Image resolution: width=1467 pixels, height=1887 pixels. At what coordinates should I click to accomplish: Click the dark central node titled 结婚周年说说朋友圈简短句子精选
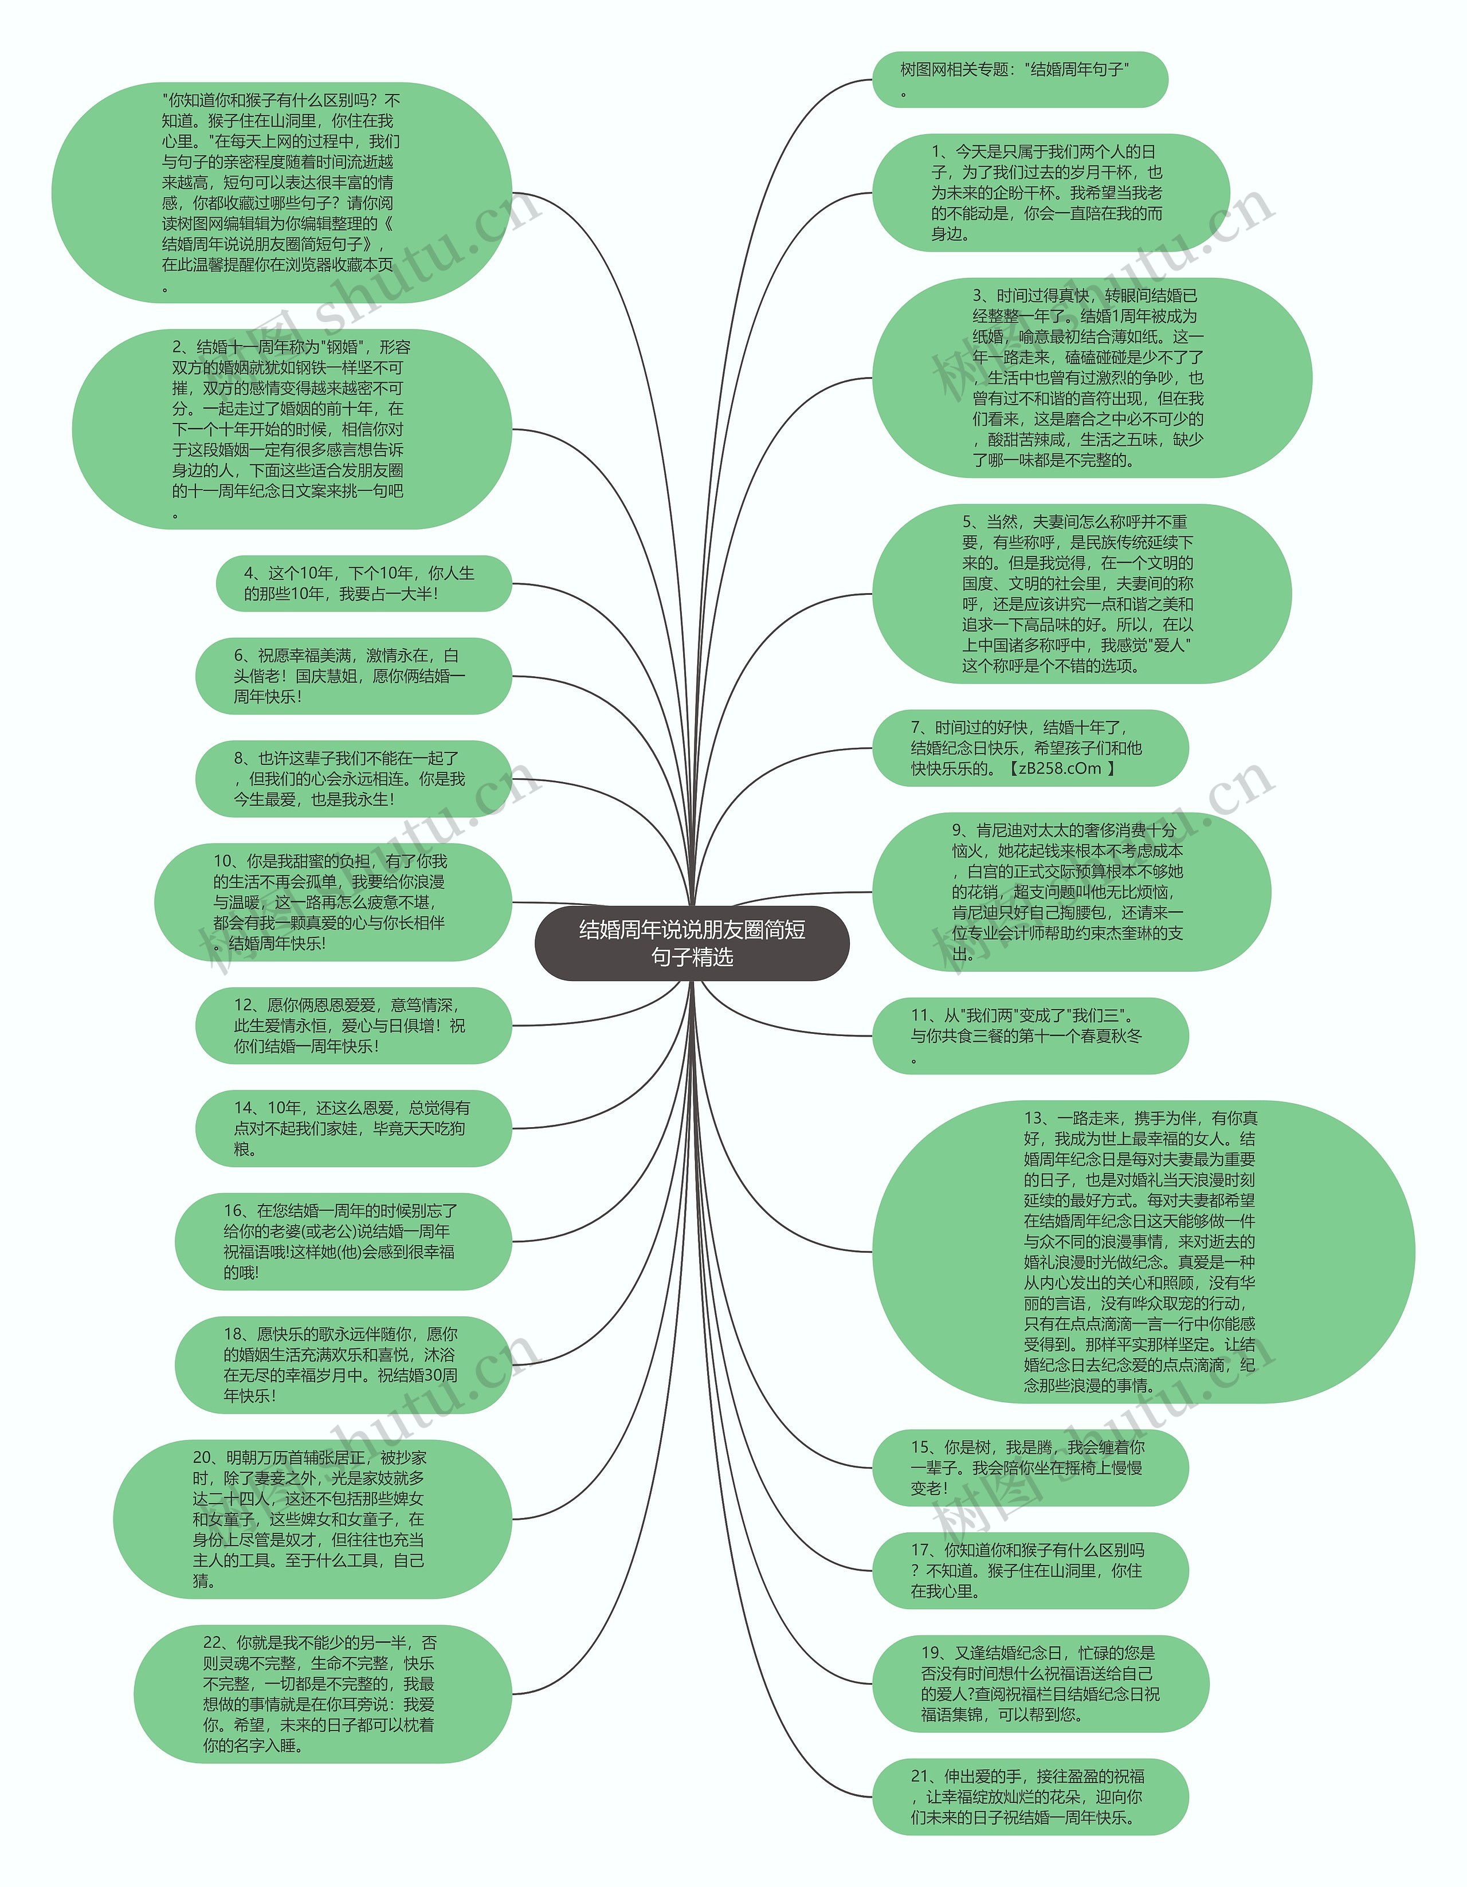(692, 943)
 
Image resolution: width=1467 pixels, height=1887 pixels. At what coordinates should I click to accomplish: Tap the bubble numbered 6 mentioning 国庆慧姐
(354, 676)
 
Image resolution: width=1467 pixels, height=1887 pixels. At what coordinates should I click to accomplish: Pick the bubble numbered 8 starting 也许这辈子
(354, 779)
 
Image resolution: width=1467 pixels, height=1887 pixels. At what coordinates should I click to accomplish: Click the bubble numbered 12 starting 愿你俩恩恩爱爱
(354, 1026)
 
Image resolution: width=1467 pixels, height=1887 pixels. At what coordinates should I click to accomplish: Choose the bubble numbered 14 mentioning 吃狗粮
(354, 1128)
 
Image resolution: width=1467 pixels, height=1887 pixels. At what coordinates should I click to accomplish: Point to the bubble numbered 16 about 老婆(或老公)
(343, 1242)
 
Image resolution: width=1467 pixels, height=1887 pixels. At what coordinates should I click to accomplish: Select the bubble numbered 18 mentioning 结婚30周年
(343, 1365)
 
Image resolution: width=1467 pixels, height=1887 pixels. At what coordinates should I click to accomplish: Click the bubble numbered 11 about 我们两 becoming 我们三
(1030, 1036)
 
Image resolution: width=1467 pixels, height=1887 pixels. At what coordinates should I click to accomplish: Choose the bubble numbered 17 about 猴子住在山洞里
(1030, 1571)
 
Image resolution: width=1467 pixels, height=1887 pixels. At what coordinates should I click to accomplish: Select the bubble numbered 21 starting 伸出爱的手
(1030, 1797)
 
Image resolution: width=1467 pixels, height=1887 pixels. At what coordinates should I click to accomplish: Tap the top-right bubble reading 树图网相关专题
(1019, 80)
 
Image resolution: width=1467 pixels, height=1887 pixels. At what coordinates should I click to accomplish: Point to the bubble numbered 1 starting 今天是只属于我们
(1050, 193)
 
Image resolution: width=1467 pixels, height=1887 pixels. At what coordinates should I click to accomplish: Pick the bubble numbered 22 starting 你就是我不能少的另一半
(322, 1694)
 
